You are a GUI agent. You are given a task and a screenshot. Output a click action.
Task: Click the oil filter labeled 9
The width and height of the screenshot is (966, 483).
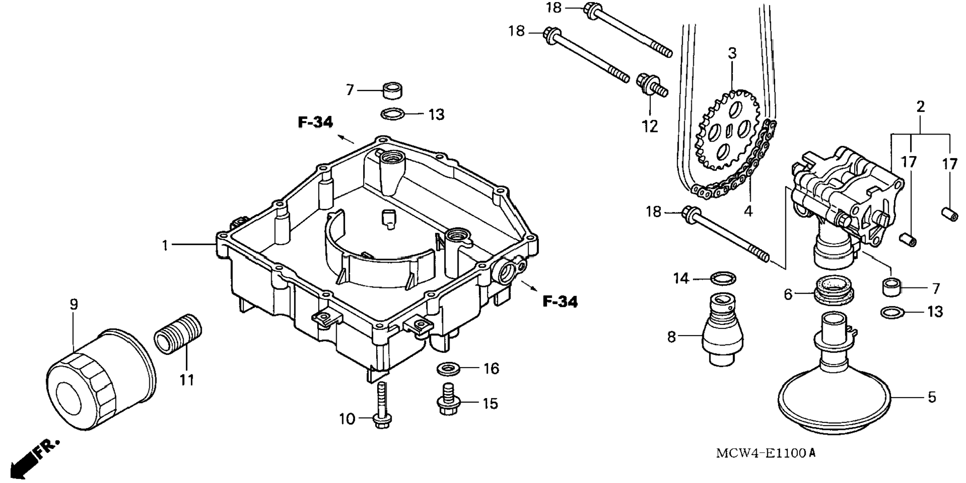pos(100,378)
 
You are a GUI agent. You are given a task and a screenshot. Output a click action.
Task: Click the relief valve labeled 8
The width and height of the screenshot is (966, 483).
pos(722,330)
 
